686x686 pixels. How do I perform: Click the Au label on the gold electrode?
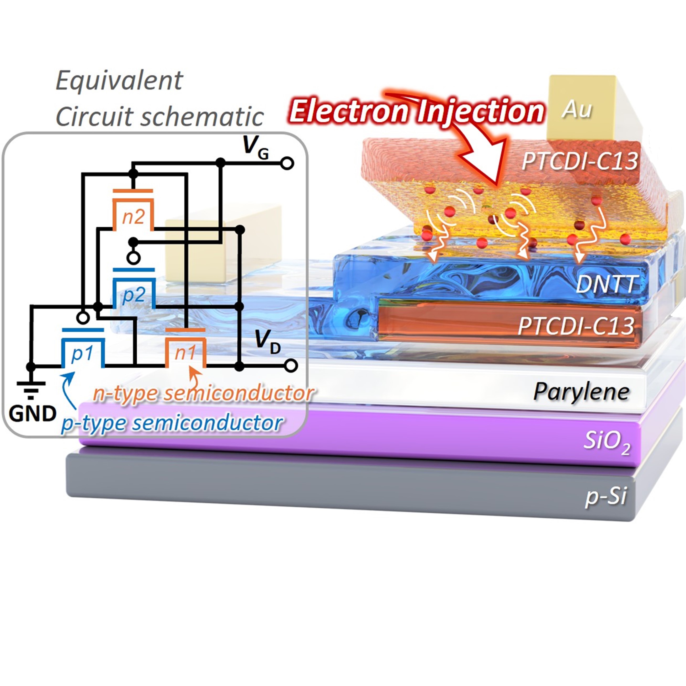577,110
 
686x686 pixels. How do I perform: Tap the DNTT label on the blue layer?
605,284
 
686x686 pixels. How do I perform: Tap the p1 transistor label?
82,353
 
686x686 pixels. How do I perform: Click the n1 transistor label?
185,353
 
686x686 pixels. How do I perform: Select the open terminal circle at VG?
287,163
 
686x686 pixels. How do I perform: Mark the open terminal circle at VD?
291,366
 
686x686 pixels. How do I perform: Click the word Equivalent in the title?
119,81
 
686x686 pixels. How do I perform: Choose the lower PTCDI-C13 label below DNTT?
576,326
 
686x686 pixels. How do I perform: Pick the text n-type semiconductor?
203,393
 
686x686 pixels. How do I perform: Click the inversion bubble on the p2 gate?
134,258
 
